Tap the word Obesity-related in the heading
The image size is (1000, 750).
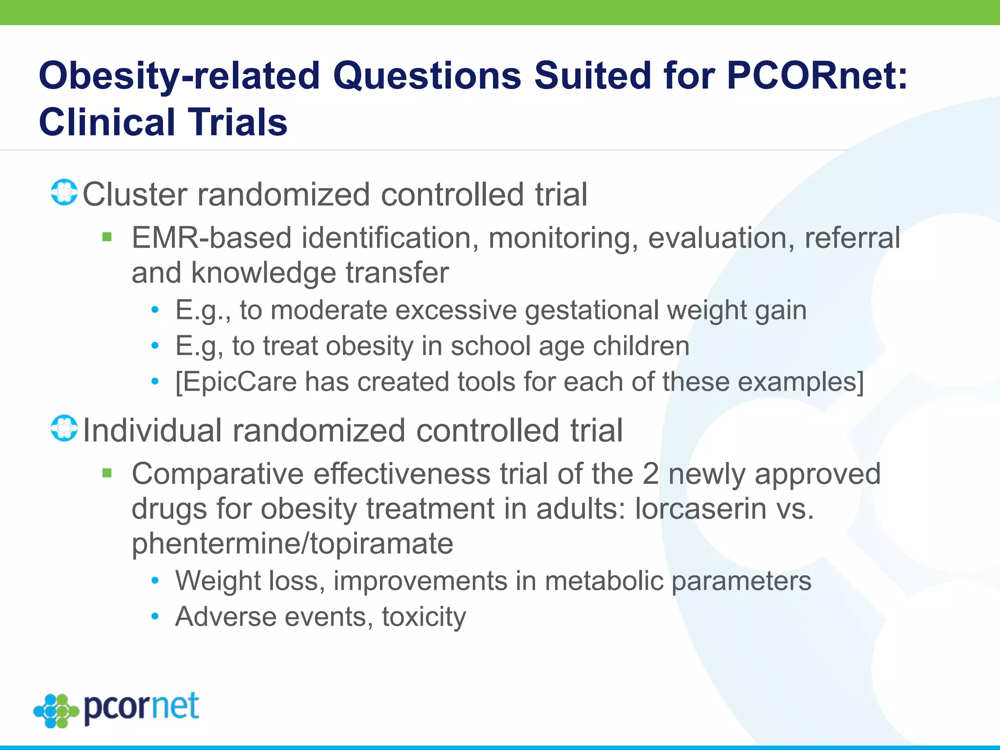(x=179, y=76)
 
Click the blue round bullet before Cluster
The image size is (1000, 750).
(x=64, y=192)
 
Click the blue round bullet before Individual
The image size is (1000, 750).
(x=64, y=429)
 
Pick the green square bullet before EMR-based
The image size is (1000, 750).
(x=107, y=237)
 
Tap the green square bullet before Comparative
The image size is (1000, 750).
(x=107, y=473)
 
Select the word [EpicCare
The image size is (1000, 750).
(x=236, y=382)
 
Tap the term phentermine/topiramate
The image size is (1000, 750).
(x=292, y=543)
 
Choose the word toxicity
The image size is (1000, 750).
(x=424, y=617)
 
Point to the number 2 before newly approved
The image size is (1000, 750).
(x=650, y=474)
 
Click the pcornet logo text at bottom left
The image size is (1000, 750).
(x=141, y=707)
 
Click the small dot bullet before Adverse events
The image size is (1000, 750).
(x=155, y=617)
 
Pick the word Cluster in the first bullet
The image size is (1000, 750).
(x=135, y=194)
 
